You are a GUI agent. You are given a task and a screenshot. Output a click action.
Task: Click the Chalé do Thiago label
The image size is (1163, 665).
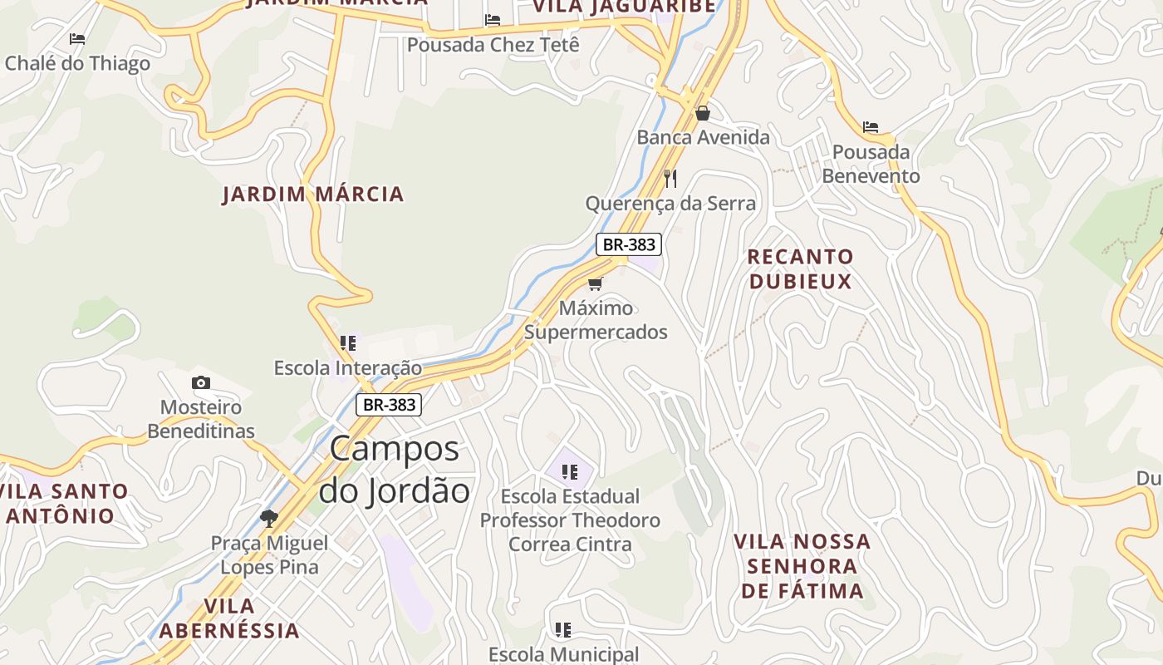point(77,63)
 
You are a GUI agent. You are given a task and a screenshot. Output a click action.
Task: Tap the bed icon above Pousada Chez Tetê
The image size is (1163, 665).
point(493,20)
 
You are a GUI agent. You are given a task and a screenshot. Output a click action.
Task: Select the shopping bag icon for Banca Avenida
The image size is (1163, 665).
point(703,113)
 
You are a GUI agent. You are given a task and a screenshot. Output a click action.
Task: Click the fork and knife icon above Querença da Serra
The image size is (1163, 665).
point(670,178)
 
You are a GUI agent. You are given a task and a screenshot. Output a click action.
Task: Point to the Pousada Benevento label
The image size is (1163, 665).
point(871,164)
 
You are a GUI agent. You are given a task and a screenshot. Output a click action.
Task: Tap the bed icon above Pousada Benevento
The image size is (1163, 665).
point(870,127)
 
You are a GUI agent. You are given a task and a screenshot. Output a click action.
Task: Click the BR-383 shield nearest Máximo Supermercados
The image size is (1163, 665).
point(629,244)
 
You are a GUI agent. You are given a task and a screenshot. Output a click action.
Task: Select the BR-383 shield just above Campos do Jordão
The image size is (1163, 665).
point(389,405)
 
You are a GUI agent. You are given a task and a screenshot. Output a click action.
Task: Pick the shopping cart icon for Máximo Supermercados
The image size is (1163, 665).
point(595,283)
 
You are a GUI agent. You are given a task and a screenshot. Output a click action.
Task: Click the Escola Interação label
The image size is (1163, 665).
point(348,367)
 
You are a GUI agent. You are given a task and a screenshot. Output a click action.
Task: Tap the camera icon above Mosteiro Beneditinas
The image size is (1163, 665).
point(200,382)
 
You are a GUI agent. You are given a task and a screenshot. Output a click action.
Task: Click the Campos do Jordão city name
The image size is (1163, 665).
point(395,470)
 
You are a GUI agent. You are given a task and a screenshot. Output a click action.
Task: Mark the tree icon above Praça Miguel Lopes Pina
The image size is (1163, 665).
point(268,519)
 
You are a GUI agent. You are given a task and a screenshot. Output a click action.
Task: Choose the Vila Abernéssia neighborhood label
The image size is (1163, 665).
point(228,618)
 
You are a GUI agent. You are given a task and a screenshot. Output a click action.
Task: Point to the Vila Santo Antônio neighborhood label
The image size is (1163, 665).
point(63,503)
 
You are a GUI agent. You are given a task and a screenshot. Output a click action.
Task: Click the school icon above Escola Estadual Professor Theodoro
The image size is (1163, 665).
point(569,472)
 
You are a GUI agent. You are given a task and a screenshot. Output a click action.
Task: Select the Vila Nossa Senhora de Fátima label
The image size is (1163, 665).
point(802,566)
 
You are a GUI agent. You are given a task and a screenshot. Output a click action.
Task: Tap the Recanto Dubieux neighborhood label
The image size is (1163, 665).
point(800,268)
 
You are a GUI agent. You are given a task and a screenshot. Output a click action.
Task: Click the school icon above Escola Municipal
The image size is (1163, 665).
point(563,630)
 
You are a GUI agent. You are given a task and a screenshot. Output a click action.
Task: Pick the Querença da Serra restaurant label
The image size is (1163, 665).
point(670,204)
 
